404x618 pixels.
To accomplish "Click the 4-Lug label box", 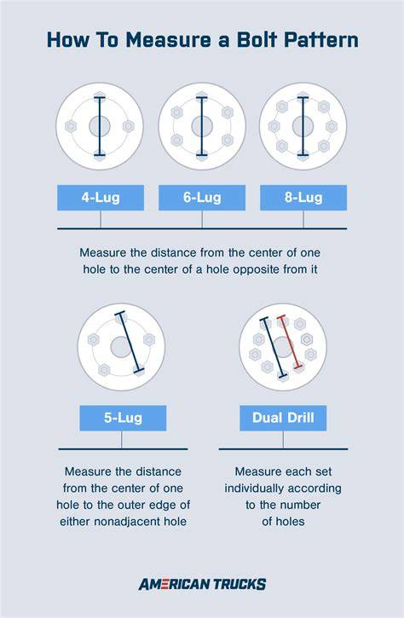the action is pyautogui.click(x=101, y=198).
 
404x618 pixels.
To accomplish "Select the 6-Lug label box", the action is pyautogui.click(x=202, y=198).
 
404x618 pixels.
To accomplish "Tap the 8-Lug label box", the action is pyautogui.click(x=303, y=198).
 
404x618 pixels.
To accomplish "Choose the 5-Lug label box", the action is pyautogui.click(x=123, y=418).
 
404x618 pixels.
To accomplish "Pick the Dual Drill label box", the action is pyautogui.click(x=283, y=418).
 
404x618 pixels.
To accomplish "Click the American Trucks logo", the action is pyautogui.click(x=202, y=584).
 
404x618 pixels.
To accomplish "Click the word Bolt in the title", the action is pyautogui.click(x=256, y=40).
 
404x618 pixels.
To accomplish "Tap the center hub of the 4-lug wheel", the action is pyautogui.click(x=100, y=126).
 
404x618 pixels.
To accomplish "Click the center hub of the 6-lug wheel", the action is pyautogui.click(x=202, y=126).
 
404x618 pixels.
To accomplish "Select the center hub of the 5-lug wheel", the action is pyautogui.click(x=121, y=347).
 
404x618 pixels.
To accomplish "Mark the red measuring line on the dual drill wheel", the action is pyautogui.click(x=290, y=342).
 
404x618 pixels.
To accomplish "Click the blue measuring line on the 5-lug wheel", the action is pyautogui.click(x=130, y=342).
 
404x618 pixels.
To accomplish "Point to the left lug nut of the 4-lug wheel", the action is pyautogui.click(x=71, y=126).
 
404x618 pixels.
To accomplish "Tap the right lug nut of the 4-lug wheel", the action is pyautogui.click(x=129, y=126).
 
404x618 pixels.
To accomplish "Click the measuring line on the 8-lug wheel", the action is pyautogui.click(x=303, y=126).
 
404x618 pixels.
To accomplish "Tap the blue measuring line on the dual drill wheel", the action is pyautogui.click(x=273, y=348).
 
